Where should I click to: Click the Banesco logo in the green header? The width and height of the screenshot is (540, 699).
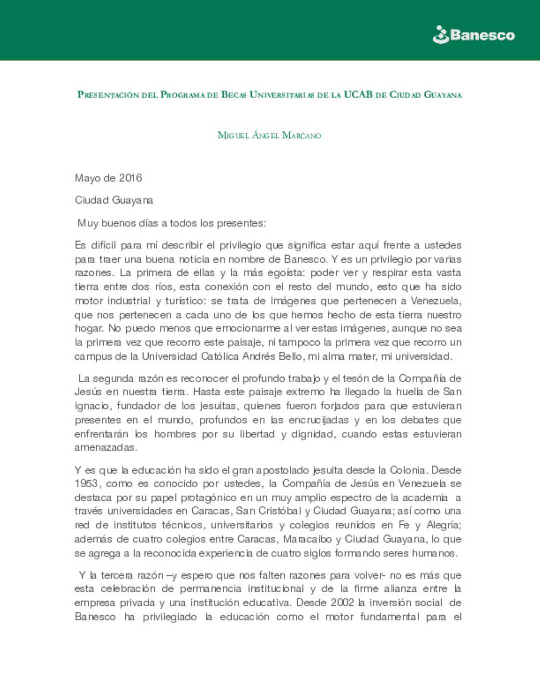(473, 35)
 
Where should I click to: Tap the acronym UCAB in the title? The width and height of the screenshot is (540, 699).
(358, 94)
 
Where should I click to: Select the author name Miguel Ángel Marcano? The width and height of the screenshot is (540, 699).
(269, 135)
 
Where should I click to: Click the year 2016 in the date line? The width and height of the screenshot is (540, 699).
(130, 178)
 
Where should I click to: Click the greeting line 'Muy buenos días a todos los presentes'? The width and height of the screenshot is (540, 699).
(172, 223)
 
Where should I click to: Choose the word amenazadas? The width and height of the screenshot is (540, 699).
(105, 447)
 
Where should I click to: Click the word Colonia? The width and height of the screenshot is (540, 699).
(407, 470)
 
